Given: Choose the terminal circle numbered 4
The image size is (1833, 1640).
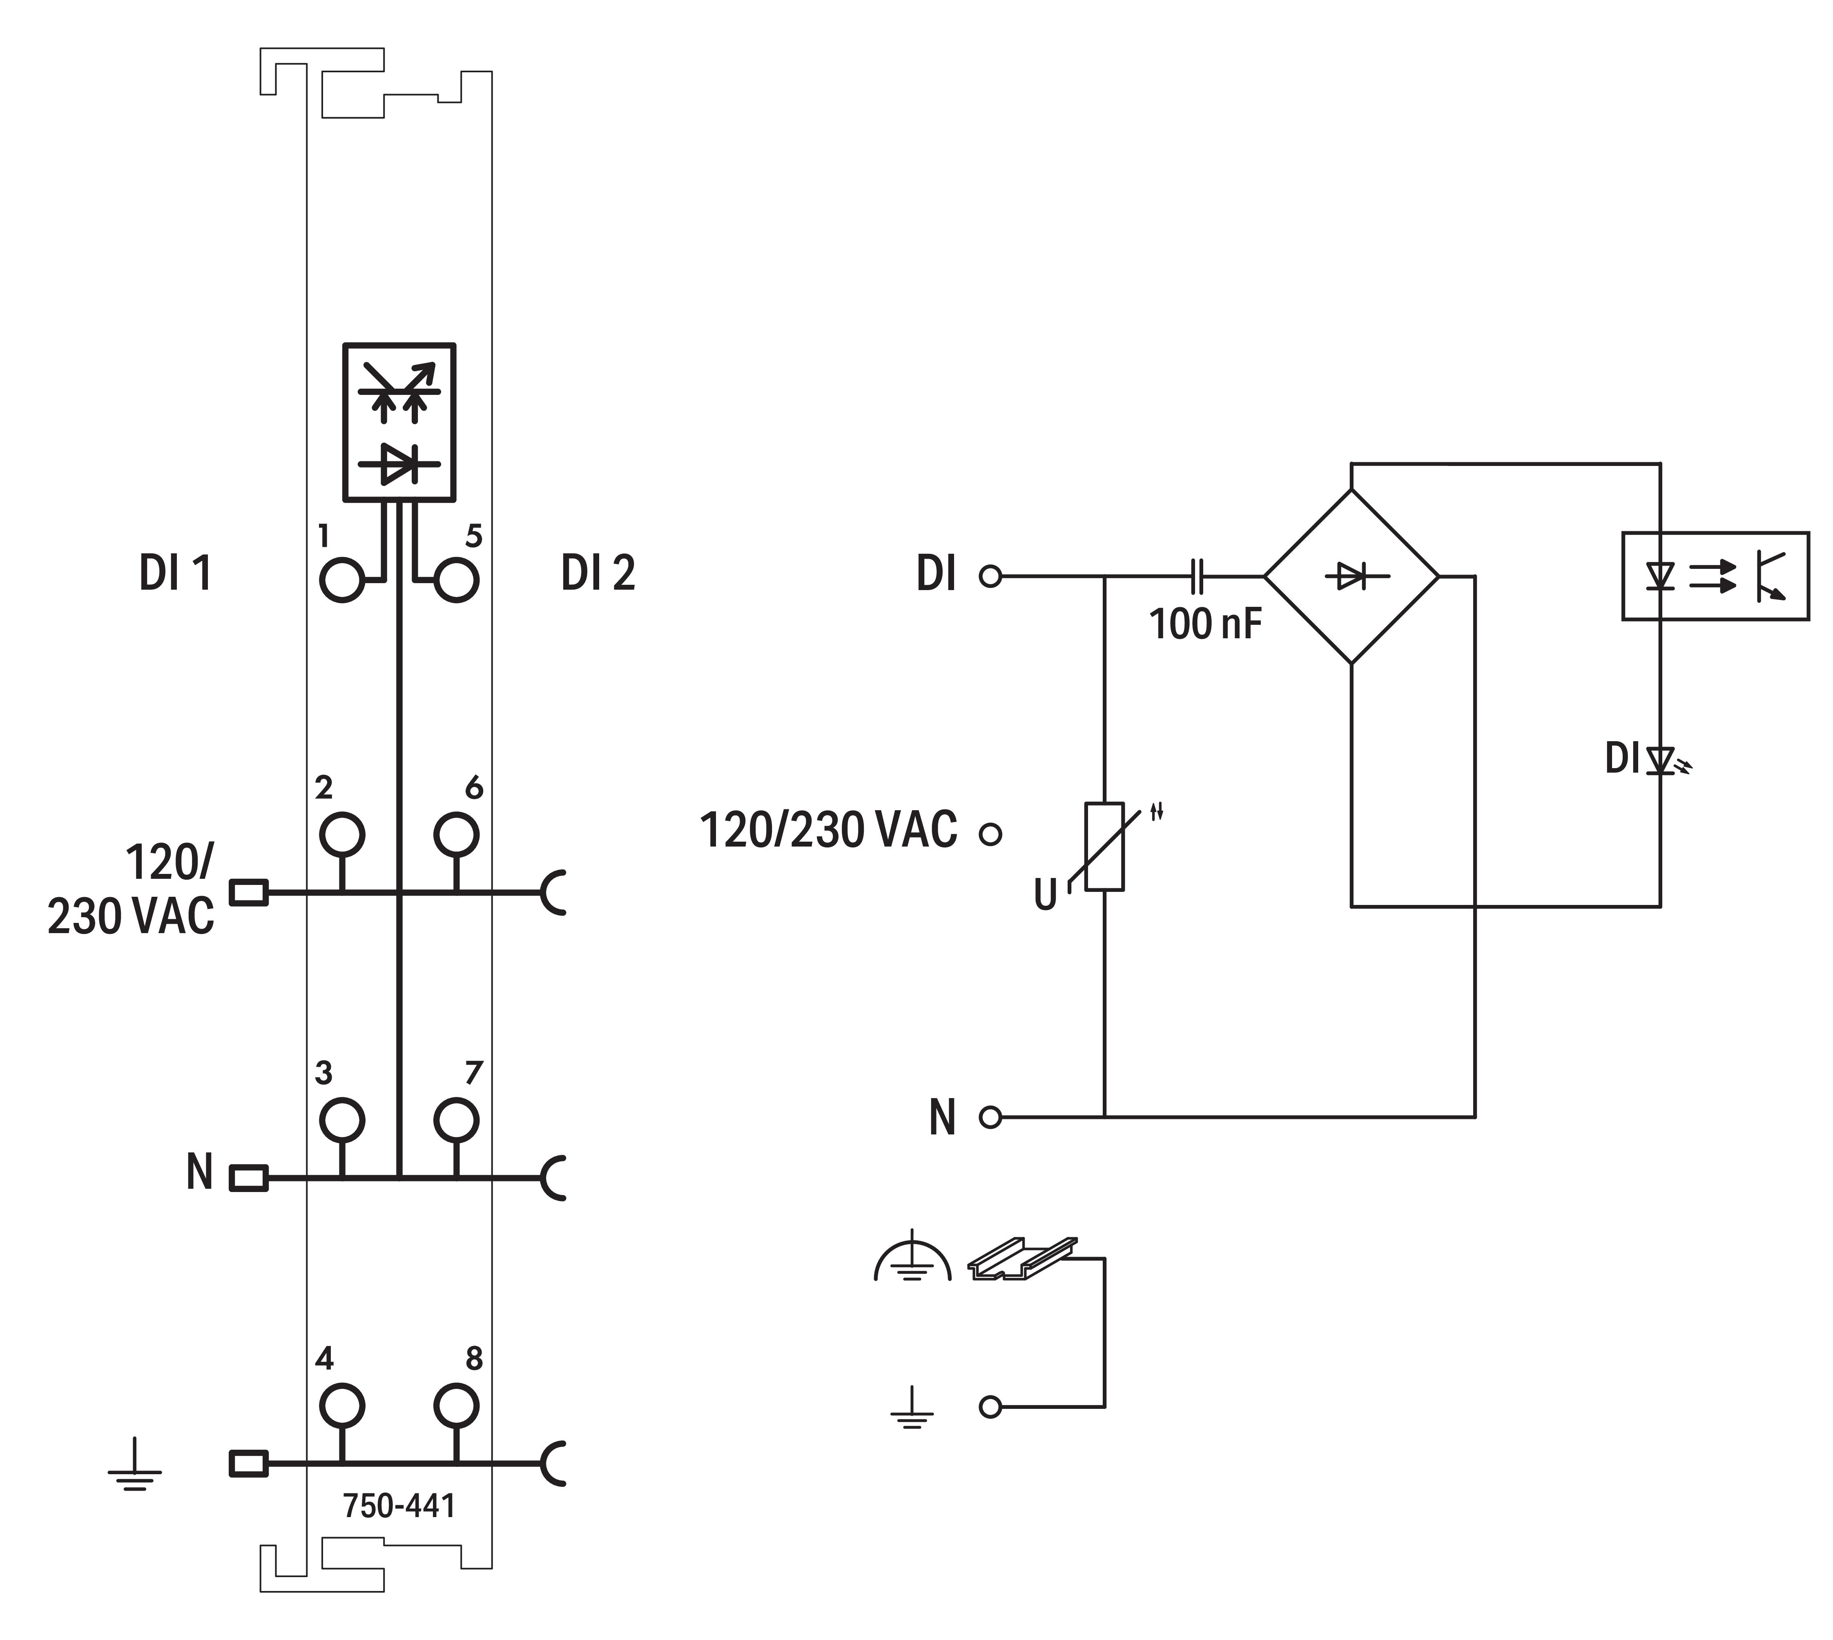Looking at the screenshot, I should point(341,1405).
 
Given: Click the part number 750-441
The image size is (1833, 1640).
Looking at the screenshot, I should point(399,1506).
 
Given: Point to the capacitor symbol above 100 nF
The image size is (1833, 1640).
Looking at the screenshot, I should point(1197,576).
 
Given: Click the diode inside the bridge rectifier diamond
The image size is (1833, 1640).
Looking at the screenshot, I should point(1351,576).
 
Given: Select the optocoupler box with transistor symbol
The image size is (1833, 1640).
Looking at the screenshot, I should point(1715,576).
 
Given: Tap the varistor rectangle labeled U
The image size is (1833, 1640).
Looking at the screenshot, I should point(1104,845).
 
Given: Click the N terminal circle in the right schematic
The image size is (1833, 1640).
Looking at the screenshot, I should point(990,1117).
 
